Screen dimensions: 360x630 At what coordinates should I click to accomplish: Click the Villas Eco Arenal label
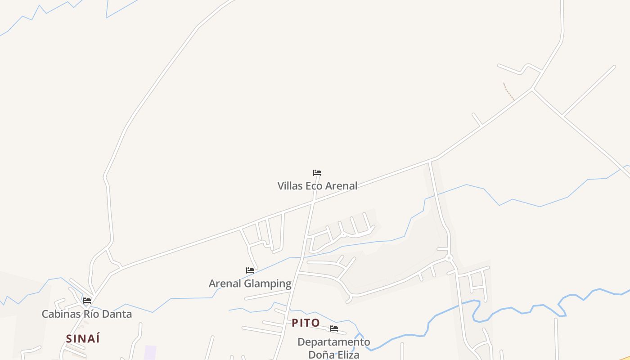[x=317, y=186]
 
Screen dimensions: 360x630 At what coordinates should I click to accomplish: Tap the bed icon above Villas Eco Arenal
[x=317, y=173]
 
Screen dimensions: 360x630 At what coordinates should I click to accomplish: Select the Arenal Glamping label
[x=250, y=283]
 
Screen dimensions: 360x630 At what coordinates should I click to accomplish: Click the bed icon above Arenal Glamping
[x=250, y=270]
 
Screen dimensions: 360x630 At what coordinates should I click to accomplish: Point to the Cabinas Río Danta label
[x=87, y=314]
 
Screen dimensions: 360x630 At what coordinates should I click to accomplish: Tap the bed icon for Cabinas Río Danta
[x=87, y=301]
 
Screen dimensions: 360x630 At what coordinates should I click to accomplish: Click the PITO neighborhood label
[x=306, y=323]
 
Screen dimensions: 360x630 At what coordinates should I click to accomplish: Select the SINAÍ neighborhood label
[x=83, y=339]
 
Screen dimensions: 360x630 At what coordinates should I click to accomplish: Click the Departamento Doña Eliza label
[x=334, y=348]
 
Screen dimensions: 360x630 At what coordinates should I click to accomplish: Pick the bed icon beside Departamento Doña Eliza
[x=334, y=328]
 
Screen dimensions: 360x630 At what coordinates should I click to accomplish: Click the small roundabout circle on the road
[x=449, y=258]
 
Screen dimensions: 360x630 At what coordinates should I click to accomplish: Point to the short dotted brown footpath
[x=508, y=91]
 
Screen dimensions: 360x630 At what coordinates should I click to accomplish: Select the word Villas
[x=290, y=186]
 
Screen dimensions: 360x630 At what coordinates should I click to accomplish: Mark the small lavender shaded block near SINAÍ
[x=150, y=352]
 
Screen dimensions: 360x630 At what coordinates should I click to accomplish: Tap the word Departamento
[x=334, y=342]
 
